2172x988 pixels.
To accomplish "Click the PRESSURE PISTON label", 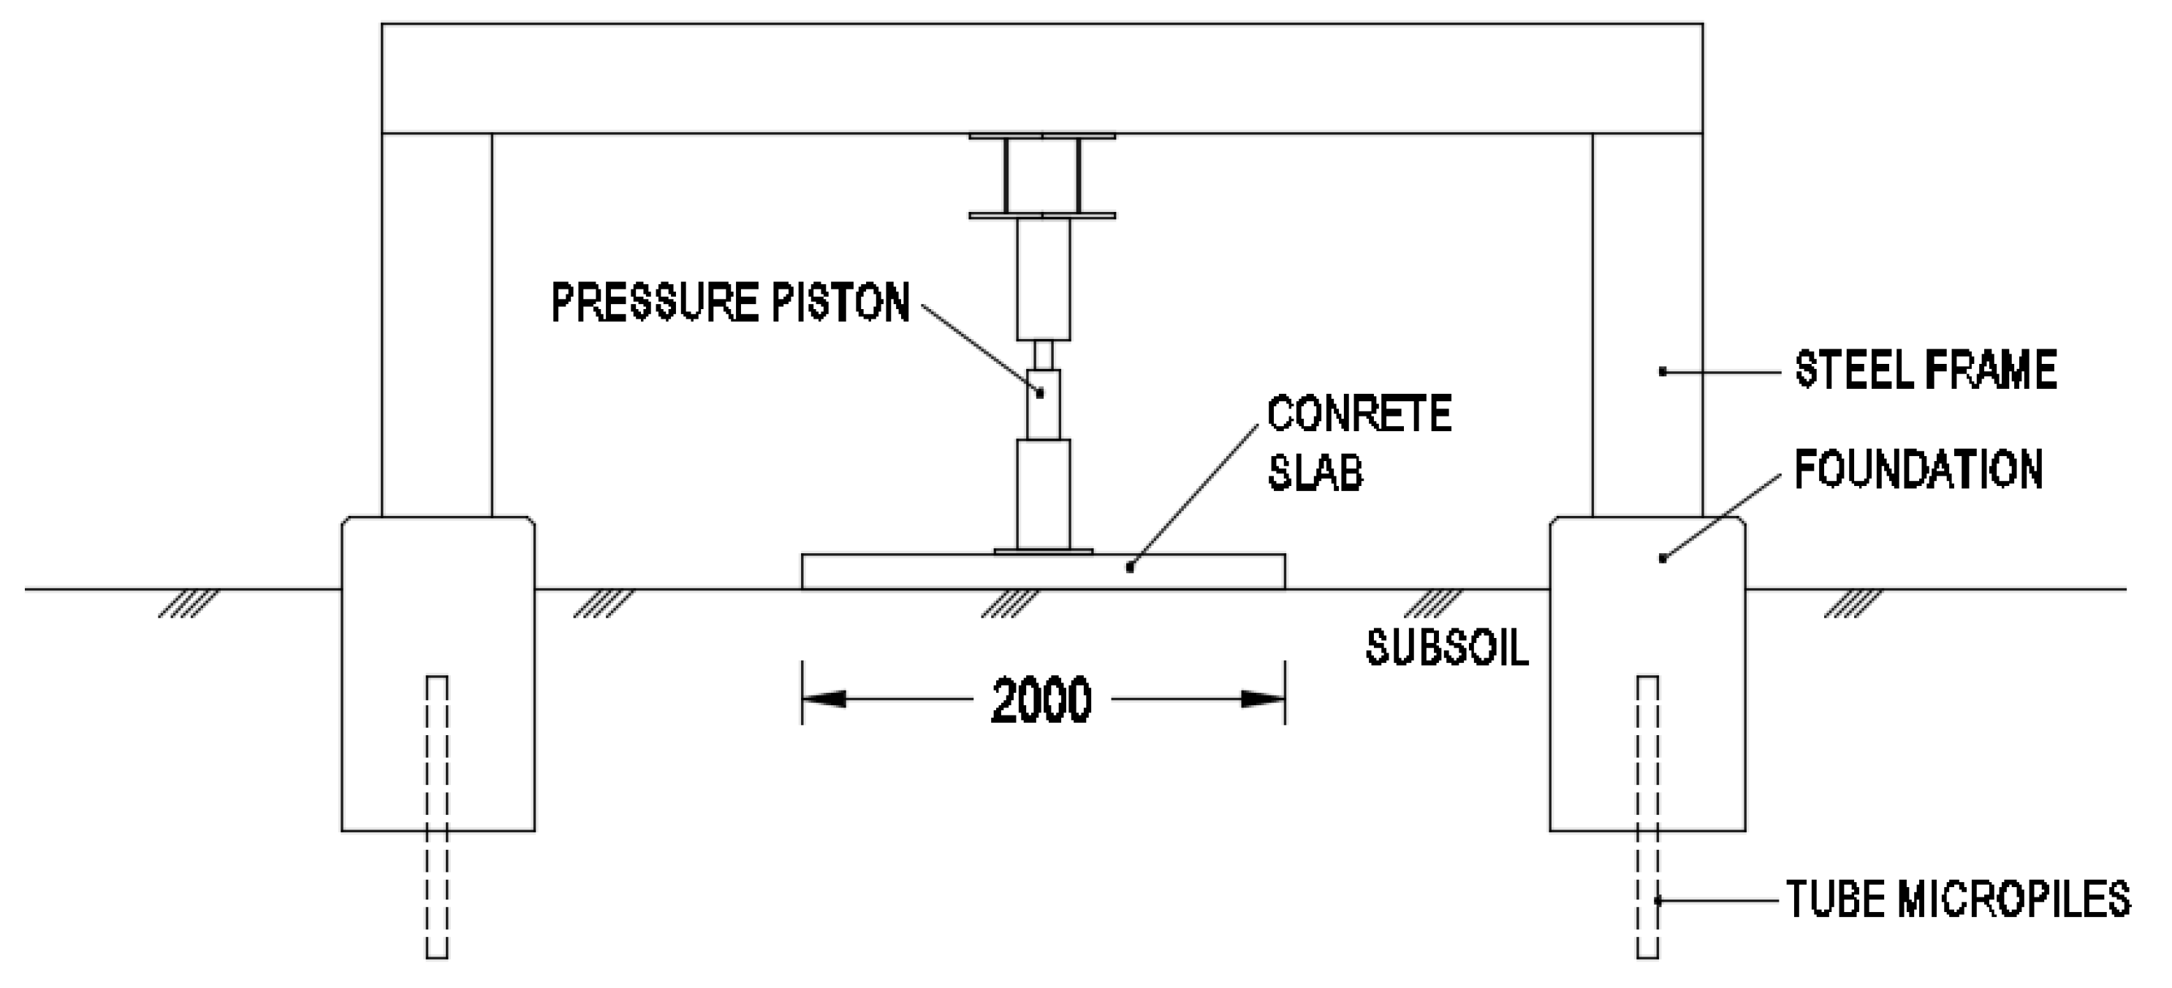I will point(730,303).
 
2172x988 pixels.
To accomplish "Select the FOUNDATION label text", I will point(1918,470).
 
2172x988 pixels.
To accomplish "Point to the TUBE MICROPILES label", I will point(1958,900).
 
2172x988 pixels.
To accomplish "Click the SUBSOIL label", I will point(1447,647).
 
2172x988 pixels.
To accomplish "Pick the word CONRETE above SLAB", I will point(1359,414).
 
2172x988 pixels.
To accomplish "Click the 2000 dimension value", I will point(1041,699).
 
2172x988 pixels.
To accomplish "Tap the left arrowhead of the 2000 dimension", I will point(824,699).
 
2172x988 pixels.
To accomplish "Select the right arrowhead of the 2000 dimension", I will point(1263,699).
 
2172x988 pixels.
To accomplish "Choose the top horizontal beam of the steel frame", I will point(1041,77).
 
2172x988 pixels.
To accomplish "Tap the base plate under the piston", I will point(1043,551).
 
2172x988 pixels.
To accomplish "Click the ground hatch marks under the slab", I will point(1010,603).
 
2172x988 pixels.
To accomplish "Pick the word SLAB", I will point(1315,472).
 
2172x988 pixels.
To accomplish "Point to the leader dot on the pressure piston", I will point(1041,393).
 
